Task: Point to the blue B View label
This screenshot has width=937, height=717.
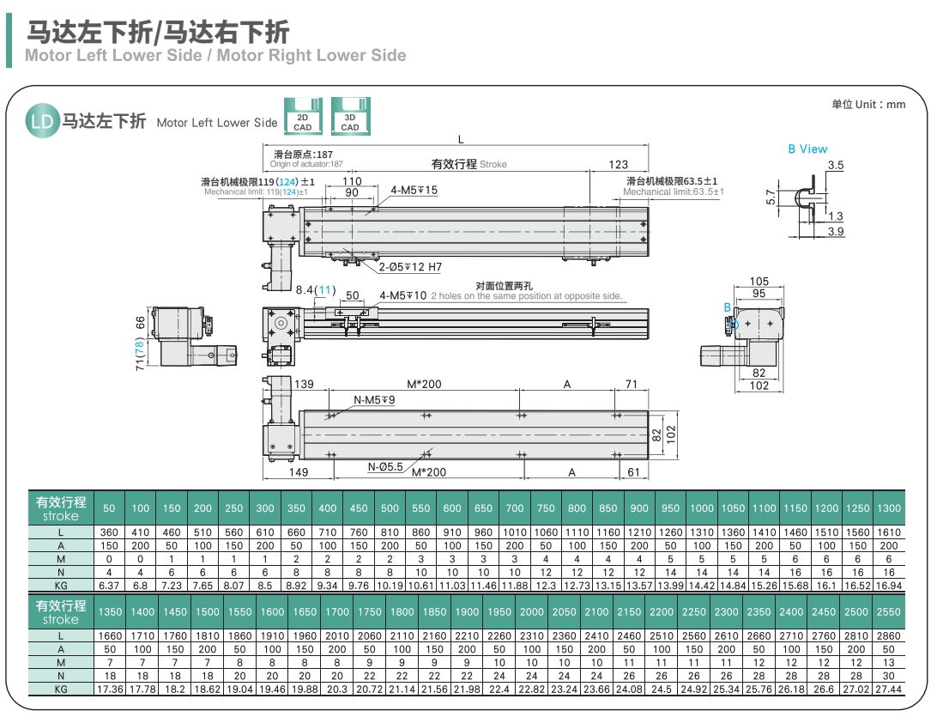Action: (x=807, y=149)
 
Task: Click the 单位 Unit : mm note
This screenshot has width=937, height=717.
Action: (x=868, y=104)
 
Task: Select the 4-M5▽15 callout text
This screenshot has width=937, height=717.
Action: (x=414, y=190)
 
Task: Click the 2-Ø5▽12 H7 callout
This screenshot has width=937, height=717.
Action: (x=411, y=267)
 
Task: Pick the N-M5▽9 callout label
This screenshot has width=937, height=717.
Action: (x=375, y=400)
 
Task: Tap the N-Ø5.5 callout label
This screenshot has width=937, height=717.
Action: (x=385, y=467)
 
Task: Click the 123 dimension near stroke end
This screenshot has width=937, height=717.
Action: (x=618, y=164)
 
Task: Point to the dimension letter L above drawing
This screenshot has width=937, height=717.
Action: (x=461, y=139)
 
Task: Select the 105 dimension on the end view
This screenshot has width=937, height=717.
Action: (x=759, y=282)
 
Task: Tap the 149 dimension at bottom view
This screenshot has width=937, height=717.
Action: (x=298, y=472)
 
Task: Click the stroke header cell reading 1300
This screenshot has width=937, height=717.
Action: (x=889, y=508)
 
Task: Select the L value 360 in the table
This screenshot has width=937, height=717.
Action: (x=109, y=532)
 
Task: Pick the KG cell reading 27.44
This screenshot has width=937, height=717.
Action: (x=888, y=690)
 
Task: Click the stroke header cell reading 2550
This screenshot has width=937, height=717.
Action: (x=888, y=611)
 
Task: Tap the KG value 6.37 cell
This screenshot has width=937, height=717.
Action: (x=109, y=586)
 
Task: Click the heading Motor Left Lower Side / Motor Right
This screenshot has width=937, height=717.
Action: (x=215, y=56)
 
